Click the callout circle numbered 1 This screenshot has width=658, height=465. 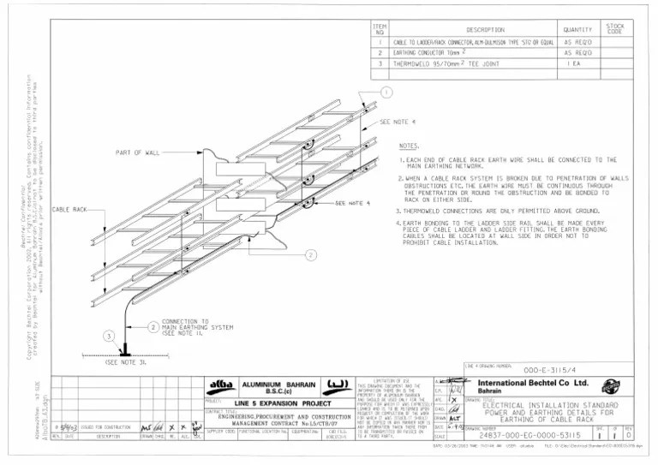click(x=387, y=92)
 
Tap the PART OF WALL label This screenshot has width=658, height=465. click(x=138, y=152)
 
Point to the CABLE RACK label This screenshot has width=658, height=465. click(x=70, y=210)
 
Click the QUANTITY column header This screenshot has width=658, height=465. click(x=578, y=29)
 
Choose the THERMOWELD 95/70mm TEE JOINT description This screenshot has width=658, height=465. click(x=440, y=63)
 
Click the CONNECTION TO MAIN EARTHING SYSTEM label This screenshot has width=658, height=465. click(x=196, y=326)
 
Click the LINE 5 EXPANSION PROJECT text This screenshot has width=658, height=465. click(x=283, y=402)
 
